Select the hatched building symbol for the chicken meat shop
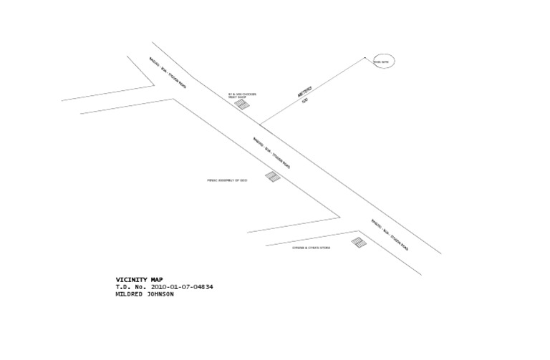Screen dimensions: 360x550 click(x=243, y=105)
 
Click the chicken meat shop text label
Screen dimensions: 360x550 click(x=242, y=95)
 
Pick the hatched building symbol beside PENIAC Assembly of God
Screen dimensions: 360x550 click(x=273, y=176)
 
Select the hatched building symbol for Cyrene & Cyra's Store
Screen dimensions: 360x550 click(x=359, y=243)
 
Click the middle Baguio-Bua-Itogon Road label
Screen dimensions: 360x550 click(x=271, y=152)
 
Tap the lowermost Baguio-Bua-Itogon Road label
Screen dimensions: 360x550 click(x=390, y=234)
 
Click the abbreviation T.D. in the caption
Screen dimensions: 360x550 click(x=124, y=287)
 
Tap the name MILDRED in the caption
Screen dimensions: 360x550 click(x=130, y=294)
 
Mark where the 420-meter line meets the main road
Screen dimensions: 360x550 click(x=259, y=124)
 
